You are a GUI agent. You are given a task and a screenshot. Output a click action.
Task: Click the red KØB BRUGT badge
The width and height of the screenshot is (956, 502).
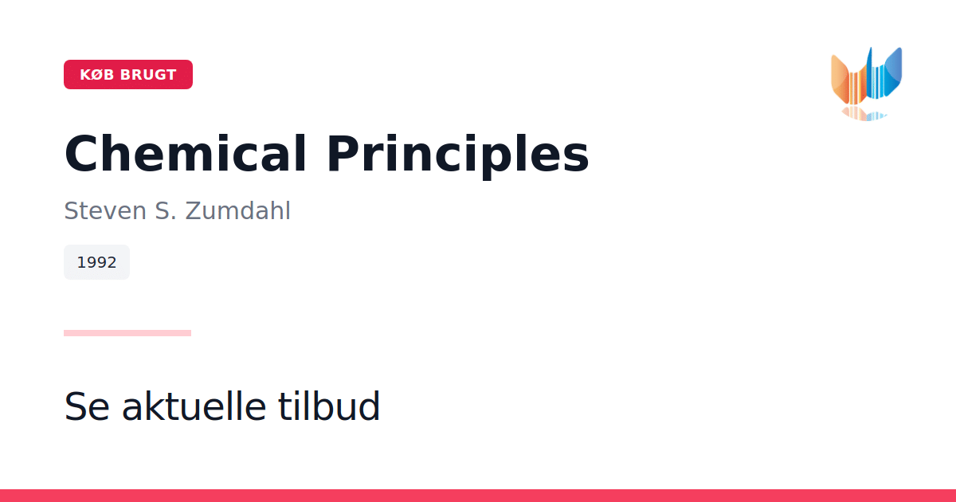pos(128,74)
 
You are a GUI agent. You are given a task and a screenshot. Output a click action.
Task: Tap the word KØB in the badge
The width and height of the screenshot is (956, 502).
pos(97,75)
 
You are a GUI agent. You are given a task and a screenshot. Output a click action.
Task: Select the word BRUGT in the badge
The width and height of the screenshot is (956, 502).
pos(148,75)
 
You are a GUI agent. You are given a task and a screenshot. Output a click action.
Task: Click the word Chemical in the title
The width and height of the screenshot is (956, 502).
pos(185,153)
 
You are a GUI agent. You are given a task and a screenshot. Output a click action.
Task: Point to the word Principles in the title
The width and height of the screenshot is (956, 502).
pos(458,156)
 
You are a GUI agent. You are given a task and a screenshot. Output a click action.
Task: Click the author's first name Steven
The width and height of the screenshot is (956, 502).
pos(105,210)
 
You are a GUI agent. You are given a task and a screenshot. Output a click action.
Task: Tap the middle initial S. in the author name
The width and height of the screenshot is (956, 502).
pos(166,210)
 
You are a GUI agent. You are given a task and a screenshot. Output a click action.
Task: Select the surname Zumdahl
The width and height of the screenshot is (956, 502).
pos(237,210)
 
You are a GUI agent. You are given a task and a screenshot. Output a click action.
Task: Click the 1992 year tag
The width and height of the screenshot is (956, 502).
pos(96,262)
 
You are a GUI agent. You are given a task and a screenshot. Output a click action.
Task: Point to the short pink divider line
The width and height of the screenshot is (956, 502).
pos(127,333)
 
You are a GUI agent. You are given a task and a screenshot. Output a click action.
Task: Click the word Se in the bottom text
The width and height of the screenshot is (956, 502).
pos(87,406)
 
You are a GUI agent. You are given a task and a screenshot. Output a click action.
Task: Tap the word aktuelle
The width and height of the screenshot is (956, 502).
pos(194,406)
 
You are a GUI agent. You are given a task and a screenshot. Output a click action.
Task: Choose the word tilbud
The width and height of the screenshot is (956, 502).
pos(328,406)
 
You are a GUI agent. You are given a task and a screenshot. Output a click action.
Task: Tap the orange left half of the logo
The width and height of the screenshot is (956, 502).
pos(848,80)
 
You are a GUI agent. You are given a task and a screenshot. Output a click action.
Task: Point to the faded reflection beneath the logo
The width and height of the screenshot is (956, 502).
pos(864,114)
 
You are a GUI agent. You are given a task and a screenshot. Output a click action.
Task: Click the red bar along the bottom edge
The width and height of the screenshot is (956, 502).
pos(478,496)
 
